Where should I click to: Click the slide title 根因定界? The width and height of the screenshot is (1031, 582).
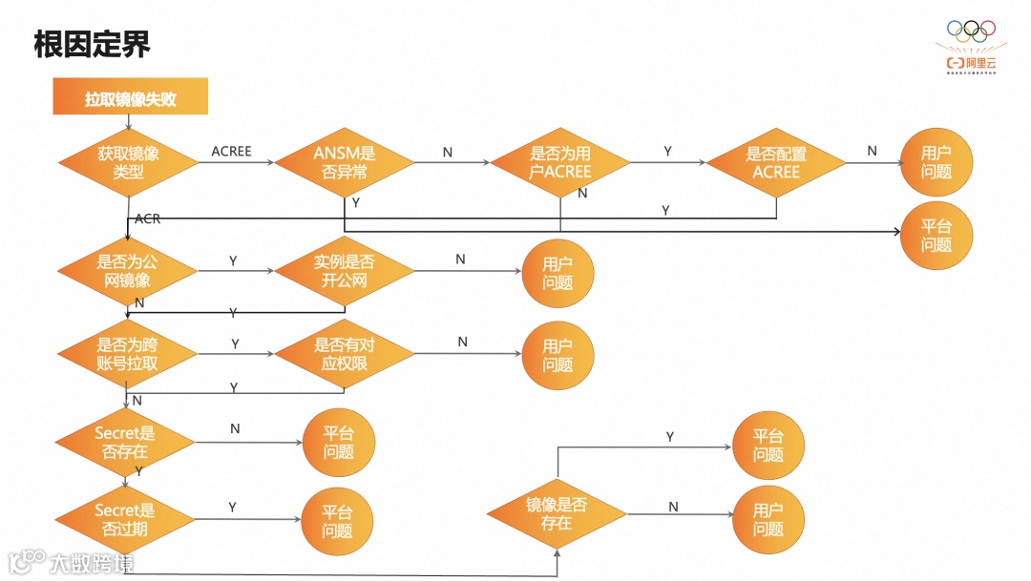(92, 44)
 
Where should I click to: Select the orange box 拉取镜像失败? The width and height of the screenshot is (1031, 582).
(131, 98)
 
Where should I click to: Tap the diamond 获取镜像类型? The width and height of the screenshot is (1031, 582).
(128, 163)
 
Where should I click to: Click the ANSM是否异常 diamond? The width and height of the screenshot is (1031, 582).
(345, 163)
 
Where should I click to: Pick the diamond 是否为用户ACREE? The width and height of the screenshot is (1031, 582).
(560, 163)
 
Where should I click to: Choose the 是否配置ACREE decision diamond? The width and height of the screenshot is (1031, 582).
(776, 163)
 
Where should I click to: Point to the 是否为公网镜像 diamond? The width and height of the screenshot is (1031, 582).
(128, 271)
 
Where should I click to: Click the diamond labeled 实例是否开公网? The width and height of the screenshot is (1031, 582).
(345, 271)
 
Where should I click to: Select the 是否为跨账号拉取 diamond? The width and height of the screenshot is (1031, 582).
(128, 354)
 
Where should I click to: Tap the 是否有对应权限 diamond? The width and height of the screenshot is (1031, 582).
(345, 354)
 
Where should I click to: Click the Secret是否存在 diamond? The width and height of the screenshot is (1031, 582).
(125, 442)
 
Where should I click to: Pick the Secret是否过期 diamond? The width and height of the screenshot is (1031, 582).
(125, 519)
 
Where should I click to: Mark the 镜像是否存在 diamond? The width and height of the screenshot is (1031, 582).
(557, 514)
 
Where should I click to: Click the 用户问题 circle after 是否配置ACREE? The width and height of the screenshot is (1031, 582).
(936, 162)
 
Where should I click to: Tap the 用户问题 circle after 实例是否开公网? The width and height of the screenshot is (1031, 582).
(558, 273)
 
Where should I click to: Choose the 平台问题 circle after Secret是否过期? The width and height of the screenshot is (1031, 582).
(337, 522)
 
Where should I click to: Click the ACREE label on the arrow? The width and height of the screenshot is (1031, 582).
(231, 152)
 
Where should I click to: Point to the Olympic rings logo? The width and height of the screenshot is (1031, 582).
(971, 31)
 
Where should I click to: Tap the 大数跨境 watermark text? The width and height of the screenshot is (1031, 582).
(93, 563)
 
